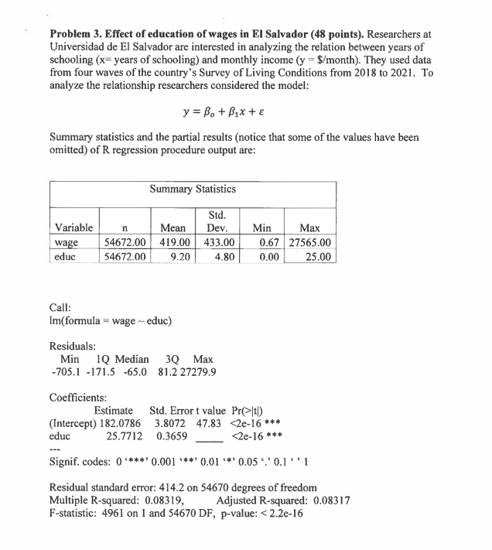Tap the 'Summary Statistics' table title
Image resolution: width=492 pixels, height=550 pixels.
pos(193,188)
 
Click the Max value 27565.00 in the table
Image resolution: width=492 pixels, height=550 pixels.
pos(310,242)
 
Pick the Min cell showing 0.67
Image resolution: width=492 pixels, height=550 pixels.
pos(265,242)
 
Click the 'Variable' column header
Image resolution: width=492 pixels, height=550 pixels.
pos(74,228)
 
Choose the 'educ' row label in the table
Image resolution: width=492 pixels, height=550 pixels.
pos(67,256)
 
